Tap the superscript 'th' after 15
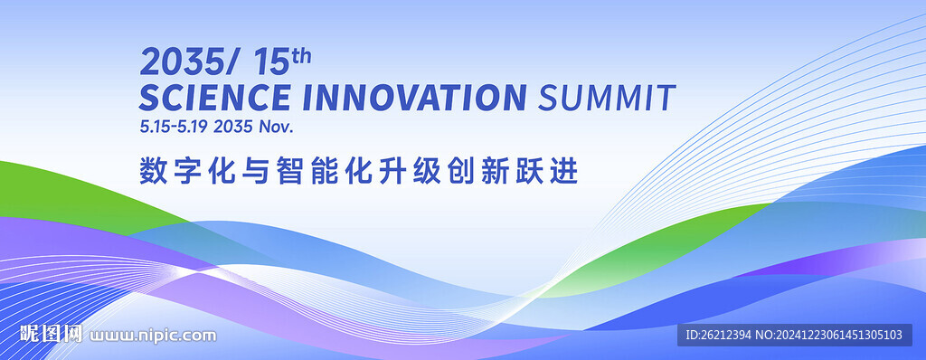pyautogui.click(x=301, y=56)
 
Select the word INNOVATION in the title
pyautogui.click(x=414, y=98)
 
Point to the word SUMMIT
pyautogui.click(x=607, y=98)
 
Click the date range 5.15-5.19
pyautogui.click(x=174, y=127)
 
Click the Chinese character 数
pyautogui.click(x=152, y=172)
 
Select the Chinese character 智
pyautogui.click(x=289, y=172)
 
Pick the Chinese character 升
pyautogui.click(x=392, y=172)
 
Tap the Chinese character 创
pyautogui.click(x=460, y=172)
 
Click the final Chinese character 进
pyautogui.click(x=564, y=172)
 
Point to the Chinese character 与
pyautogui.click(x=255, y=172)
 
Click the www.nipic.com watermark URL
pyautogui.click(x=153, y=336)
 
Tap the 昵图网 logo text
pyautogui.click(x=51, y=334)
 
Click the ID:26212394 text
pyautogui.click(x=718, y=336)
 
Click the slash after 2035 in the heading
pyautogui.click(x=230, y=62)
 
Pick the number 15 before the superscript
pyautogui.click(x=271, y=62)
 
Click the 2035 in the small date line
pyautogui.click(x=233, y=127)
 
